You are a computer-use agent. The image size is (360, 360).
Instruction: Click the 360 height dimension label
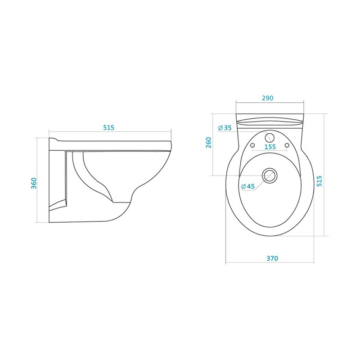(x=34, y=183)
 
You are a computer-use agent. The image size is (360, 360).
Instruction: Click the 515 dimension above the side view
(x=108, y=127)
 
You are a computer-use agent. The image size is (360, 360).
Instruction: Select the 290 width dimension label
(x=267, y=98)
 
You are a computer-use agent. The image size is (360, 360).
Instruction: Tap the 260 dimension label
(x=208, y=143)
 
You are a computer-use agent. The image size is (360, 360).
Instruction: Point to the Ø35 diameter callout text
(x=225, y=128)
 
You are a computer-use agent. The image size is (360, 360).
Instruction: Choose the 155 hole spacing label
(x=270, y=147)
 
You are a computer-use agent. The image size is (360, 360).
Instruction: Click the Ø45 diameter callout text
(x=248, y=186)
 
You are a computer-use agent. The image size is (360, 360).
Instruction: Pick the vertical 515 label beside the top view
(x=319, y=181)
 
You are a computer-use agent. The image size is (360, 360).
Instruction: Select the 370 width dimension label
(x=272, y=258)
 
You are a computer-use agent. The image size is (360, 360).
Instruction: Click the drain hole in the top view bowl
(x=270, y=175)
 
